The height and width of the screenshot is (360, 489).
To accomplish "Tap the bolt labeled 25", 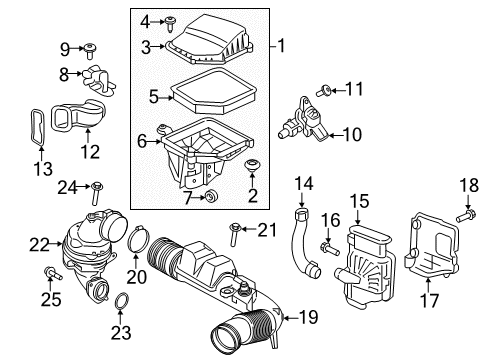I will [50, 271].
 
